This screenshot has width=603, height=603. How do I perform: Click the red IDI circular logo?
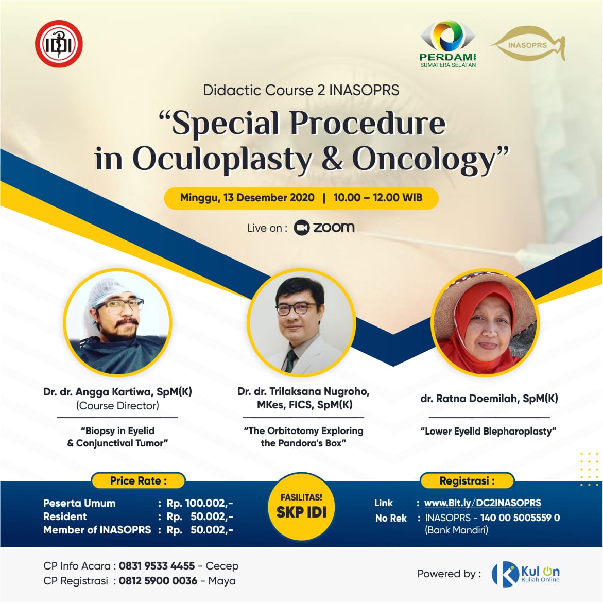pos(59,44)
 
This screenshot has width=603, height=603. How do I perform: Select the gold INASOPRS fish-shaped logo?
pos(528,44)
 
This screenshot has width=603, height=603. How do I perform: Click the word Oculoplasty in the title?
pos(222,159)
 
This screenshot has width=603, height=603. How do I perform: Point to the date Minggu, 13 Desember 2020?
pos(247,198)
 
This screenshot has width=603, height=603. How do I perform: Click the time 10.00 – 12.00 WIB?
pos(378,198)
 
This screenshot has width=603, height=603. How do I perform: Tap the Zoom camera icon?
pos(302,228)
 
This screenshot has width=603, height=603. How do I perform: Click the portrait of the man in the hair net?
pos(117,322)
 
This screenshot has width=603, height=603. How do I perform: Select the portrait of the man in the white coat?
pos(302,322)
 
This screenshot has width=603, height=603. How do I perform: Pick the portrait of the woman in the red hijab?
pos(485,322)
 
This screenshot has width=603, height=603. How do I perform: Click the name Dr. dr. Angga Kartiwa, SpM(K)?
pos(117,392)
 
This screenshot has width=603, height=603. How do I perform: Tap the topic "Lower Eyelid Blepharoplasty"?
pos(488,431)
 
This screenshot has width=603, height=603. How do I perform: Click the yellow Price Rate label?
pos(139,481)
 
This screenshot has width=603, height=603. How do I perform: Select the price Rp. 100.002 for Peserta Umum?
pos(200,503)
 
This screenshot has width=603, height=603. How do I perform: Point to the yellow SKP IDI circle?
pos(302,506)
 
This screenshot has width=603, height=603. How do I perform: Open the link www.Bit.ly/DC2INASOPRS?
pos(483,503)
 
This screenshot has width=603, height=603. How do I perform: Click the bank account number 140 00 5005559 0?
pos(520,518)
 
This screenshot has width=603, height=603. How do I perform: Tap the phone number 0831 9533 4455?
pos(157,566)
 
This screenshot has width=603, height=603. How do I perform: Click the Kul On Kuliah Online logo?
pos(526,574)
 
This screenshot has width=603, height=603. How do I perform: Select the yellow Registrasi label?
pos(467,481)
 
